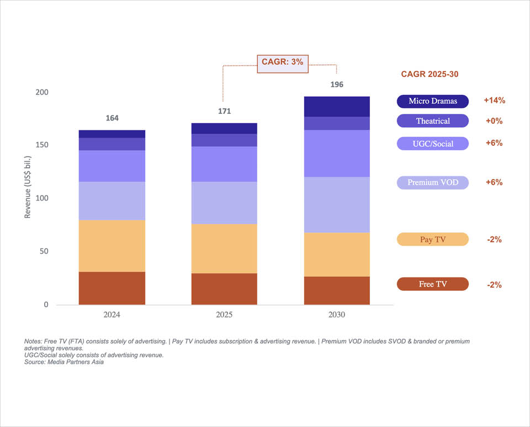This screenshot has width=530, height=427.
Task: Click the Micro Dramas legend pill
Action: (432, 101)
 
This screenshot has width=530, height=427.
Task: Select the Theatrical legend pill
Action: (432, 121)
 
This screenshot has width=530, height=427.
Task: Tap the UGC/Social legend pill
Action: (432, 144)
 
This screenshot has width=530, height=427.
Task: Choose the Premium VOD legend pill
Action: (432, 182)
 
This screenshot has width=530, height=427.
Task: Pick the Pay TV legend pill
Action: (432, 239)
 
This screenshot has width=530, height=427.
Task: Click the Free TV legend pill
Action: (432, 284)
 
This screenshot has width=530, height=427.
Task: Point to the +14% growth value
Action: (494, 101)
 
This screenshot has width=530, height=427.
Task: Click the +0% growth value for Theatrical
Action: (494, 121)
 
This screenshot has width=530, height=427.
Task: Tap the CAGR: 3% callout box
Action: (282, 62)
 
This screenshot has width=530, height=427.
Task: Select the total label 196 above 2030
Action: (337, 85)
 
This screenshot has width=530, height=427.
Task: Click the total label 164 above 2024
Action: (112, 118)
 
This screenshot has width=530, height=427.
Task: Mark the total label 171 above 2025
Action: (224, 111)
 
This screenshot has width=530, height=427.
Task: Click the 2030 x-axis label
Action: (337, 315)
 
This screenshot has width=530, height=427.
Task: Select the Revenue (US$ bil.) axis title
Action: (28, 186)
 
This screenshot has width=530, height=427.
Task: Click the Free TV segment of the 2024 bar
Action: (112, 288)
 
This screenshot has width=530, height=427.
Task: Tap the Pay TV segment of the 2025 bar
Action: (224, 249)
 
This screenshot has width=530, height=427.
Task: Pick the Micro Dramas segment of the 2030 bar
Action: (337, 107)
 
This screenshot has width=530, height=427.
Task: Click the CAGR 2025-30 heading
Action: (430, 74)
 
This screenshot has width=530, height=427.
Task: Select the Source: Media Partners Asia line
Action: (64, 362)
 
